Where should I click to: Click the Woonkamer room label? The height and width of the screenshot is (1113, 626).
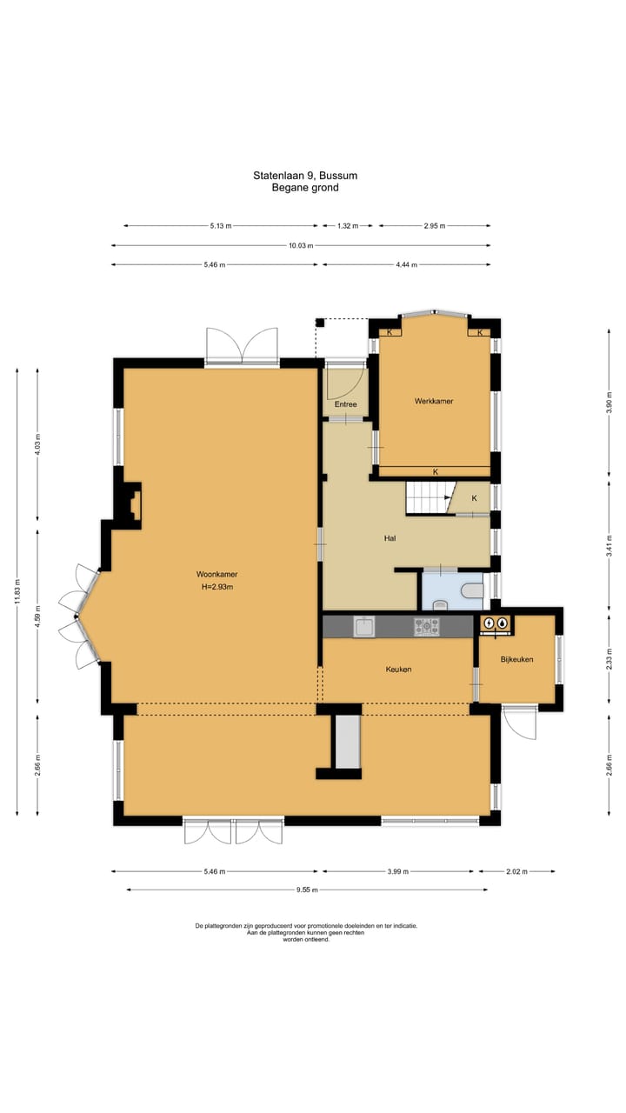coord(216,575)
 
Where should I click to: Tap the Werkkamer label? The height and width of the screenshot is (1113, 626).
coord(434,401)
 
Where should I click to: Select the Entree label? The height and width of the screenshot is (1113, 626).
coord(345,404)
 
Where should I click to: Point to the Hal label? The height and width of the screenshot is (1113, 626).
coord(390,538)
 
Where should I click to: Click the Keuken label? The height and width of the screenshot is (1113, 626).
coord(398,670)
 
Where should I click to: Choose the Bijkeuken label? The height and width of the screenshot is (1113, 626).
coord(516,659)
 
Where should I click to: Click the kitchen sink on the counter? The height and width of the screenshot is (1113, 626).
coord(365,627)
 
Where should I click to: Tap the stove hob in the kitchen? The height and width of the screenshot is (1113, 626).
coord(427,627)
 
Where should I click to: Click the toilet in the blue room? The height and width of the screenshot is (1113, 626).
coord(472,590)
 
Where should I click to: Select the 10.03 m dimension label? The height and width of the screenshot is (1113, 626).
coord(301,245)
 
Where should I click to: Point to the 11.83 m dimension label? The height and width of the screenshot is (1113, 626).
coord(17,591)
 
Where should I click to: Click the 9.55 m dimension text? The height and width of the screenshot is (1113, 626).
coord(307,890)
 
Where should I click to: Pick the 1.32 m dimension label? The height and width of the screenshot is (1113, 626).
coord(347,226)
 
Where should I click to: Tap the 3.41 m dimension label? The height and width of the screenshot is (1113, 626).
coord(609,547)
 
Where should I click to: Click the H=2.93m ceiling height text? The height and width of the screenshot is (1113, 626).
coord(216,587)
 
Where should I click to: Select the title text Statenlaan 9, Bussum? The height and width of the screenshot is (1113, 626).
coord(305,176)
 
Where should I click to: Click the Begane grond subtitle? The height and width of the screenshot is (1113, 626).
coord(305,188)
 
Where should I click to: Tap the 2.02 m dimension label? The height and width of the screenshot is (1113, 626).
coord(516,871)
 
